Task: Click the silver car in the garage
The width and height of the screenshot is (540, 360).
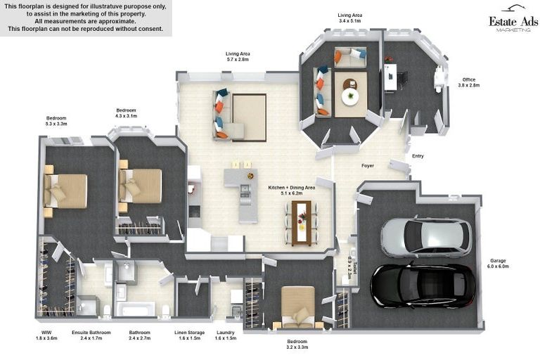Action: coord(426,237)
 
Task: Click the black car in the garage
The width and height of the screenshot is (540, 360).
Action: coord(423,285)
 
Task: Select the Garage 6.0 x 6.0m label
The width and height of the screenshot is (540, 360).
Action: coord(498,264)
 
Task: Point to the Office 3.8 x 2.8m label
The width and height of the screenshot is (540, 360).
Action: coord(468,82)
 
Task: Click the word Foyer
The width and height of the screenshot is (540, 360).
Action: coord(368,166)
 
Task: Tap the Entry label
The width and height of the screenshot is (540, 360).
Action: coord(418,156)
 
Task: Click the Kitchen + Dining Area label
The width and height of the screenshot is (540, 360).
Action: coord(291,191)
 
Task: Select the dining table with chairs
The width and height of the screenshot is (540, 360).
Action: coord(302,223)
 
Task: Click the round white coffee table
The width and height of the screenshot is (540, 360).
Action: coord(350,96)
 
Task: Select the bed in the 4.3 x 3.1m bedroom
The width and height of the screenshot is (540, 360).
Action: coord(141,186)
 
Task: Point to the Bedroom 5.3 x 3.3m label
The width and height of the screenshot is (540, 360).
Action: coord(56,120)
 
